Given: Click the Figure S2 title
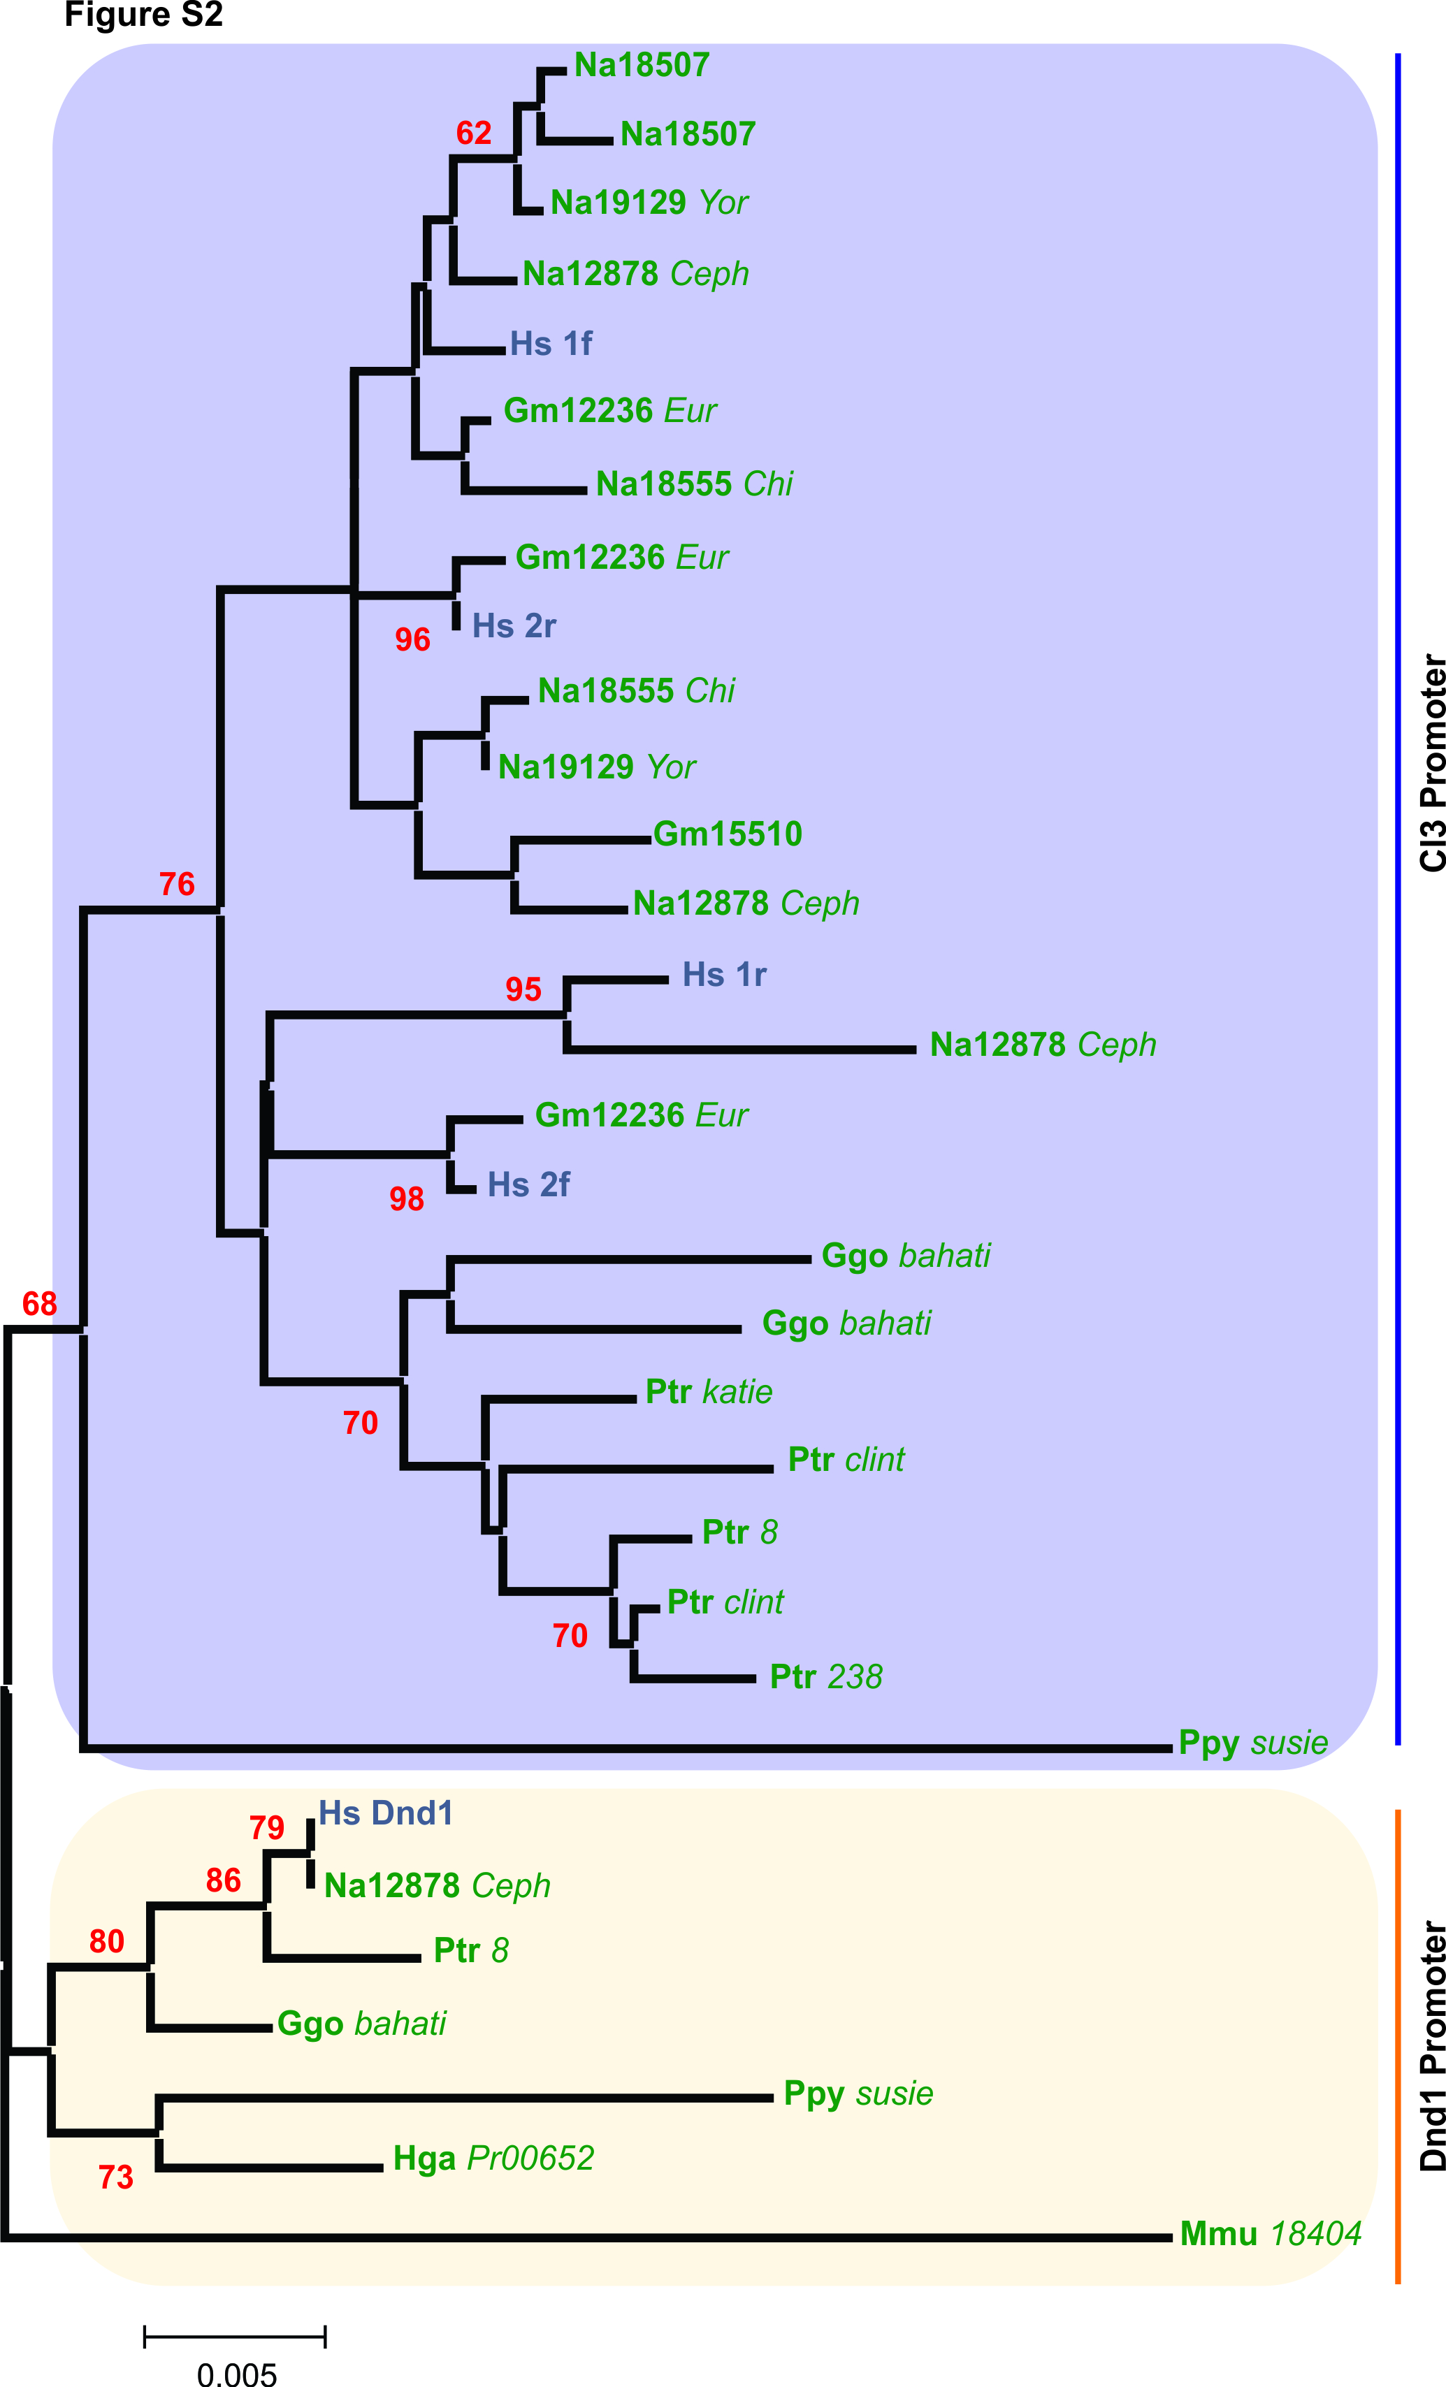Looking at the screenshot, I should pyautogui.click(x=143, y=15).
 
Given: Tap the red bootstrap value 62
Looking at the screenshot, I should pyautogui.click(x=474, y=133).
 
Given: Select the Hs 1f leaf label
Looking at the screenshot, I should pyautogui.click(x=551, y=344).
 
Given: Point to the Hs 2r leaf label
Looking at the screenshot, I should pyautogui.click(x=514, y=626).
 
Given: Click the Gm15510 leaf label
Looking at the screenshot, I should pyautogui.click(x=728, y=834).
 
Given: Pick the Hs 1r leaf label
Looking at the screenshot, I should pyautogui.click(x=724, y=975).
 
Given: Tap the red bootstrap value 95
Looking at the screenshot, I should pyautogui.click(x=523, y=989).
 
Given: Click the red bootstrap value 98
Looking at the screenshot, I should pyautogui.click(x=407, y=1199).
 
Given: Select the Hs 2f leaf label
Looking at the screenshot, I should pyautogui.click(x=528, y=1184).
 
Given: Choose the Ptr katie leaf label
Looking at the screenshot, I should pyautogui.click(x=709, y=1392).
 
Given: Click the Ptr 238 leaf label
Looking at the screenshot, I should pyautogui.click(x=825, y=1677).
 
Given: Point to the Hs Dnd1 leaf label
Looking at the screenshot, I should pyautogui.click(x=386, y=1813).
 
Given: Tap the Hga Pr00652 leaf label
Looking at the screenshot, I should pyautogui.click(x=493, y=2159).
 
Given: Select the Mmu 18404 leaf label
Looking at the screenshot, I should pyautogui.click(x=1271, y=2234).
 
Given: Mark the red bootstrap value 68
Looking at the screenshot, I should pyautogui.click(x=40, y=1304).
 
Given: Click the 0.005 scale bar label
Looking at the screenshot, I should pyautogui.click(x=236, y=2374).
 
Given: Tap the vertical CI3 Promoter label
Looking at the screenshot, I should pyautogui.click(x=1433, y=763).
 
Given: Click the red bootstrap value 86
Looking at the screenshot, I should pyautogui.click(x=223, y=1880).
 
